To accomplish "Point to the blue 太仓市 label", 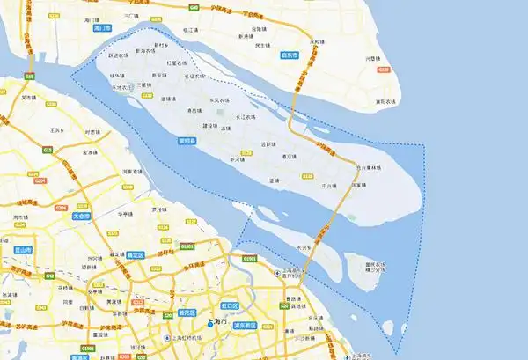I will (82, 215).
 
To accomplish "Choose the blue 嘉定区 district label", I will (136, 253).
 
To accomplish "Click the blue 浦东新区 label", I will (244, 325).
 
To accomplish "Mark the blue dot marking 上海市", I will (209, 324).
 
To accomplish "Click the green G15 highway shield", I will (28, 77).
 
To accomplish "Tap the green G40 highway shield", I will (193, 8).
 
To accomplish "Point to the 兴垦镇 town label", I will (373, 59).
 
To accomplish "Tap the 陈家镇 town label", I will (358, 186).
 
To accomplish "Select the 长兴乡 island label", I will (304, 249).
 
